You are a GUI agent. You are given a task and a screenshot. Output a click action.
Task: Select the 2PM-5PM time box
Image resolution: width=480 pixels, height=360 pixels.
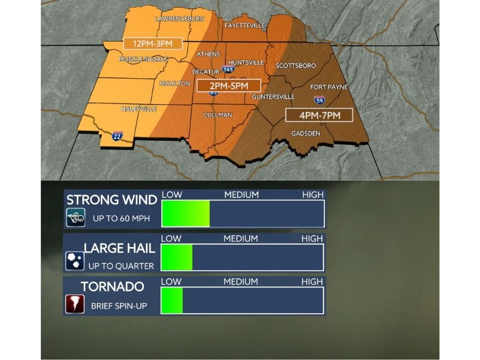point(229,85)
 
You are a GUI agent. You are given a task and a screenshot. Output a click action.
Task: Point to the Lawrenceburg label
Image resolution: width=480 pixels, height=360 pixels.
point(179,19)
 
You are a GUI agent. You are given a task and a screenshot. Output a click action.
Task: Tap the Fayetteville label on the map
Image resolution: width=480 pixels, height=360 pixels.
point(244,26)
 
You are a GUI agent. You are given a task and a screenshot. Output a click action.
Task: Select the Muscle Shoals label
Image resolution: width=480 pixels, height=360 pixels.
point(144,59)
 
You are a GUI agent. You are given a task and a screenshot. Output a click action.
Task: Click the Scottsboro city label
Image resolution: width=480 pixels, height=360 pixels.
point(295,65)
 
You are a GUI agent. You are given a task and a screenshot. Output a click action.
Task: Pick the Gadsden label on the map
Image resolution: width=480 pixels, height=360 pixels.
point(305,133)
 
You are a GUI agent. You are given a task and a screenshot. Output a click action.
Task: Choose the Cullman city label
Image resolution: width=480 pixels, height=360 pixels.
point(218,115)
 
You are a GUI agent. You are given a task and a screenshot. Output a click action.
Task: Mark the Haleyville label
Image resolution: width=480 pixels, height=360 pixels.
point(139,109)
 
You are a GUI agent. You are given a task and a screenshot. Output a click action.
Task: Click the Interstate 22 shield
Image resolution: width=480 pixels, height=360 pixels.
point(118,136)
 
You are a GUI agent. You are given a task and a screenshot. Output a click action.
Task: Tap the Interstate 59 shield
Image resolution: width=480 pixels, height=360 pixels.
point(319,100)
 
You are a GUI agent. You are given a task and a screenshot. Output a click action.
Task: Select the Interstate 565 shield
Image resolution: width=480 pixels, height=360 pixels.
point(228,70)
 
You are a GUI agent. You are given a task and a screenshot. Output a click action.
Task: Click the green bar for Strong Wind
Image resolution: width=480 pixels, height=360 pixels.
point(186,214)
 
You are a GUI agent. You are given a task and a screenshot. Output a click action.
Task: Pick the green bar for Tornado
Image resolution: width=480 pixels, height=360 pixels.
point(172,300)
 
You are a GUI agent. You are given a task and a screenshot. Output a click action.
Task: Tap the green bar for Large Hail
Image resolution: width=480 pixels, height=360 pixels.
point(178,257)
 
